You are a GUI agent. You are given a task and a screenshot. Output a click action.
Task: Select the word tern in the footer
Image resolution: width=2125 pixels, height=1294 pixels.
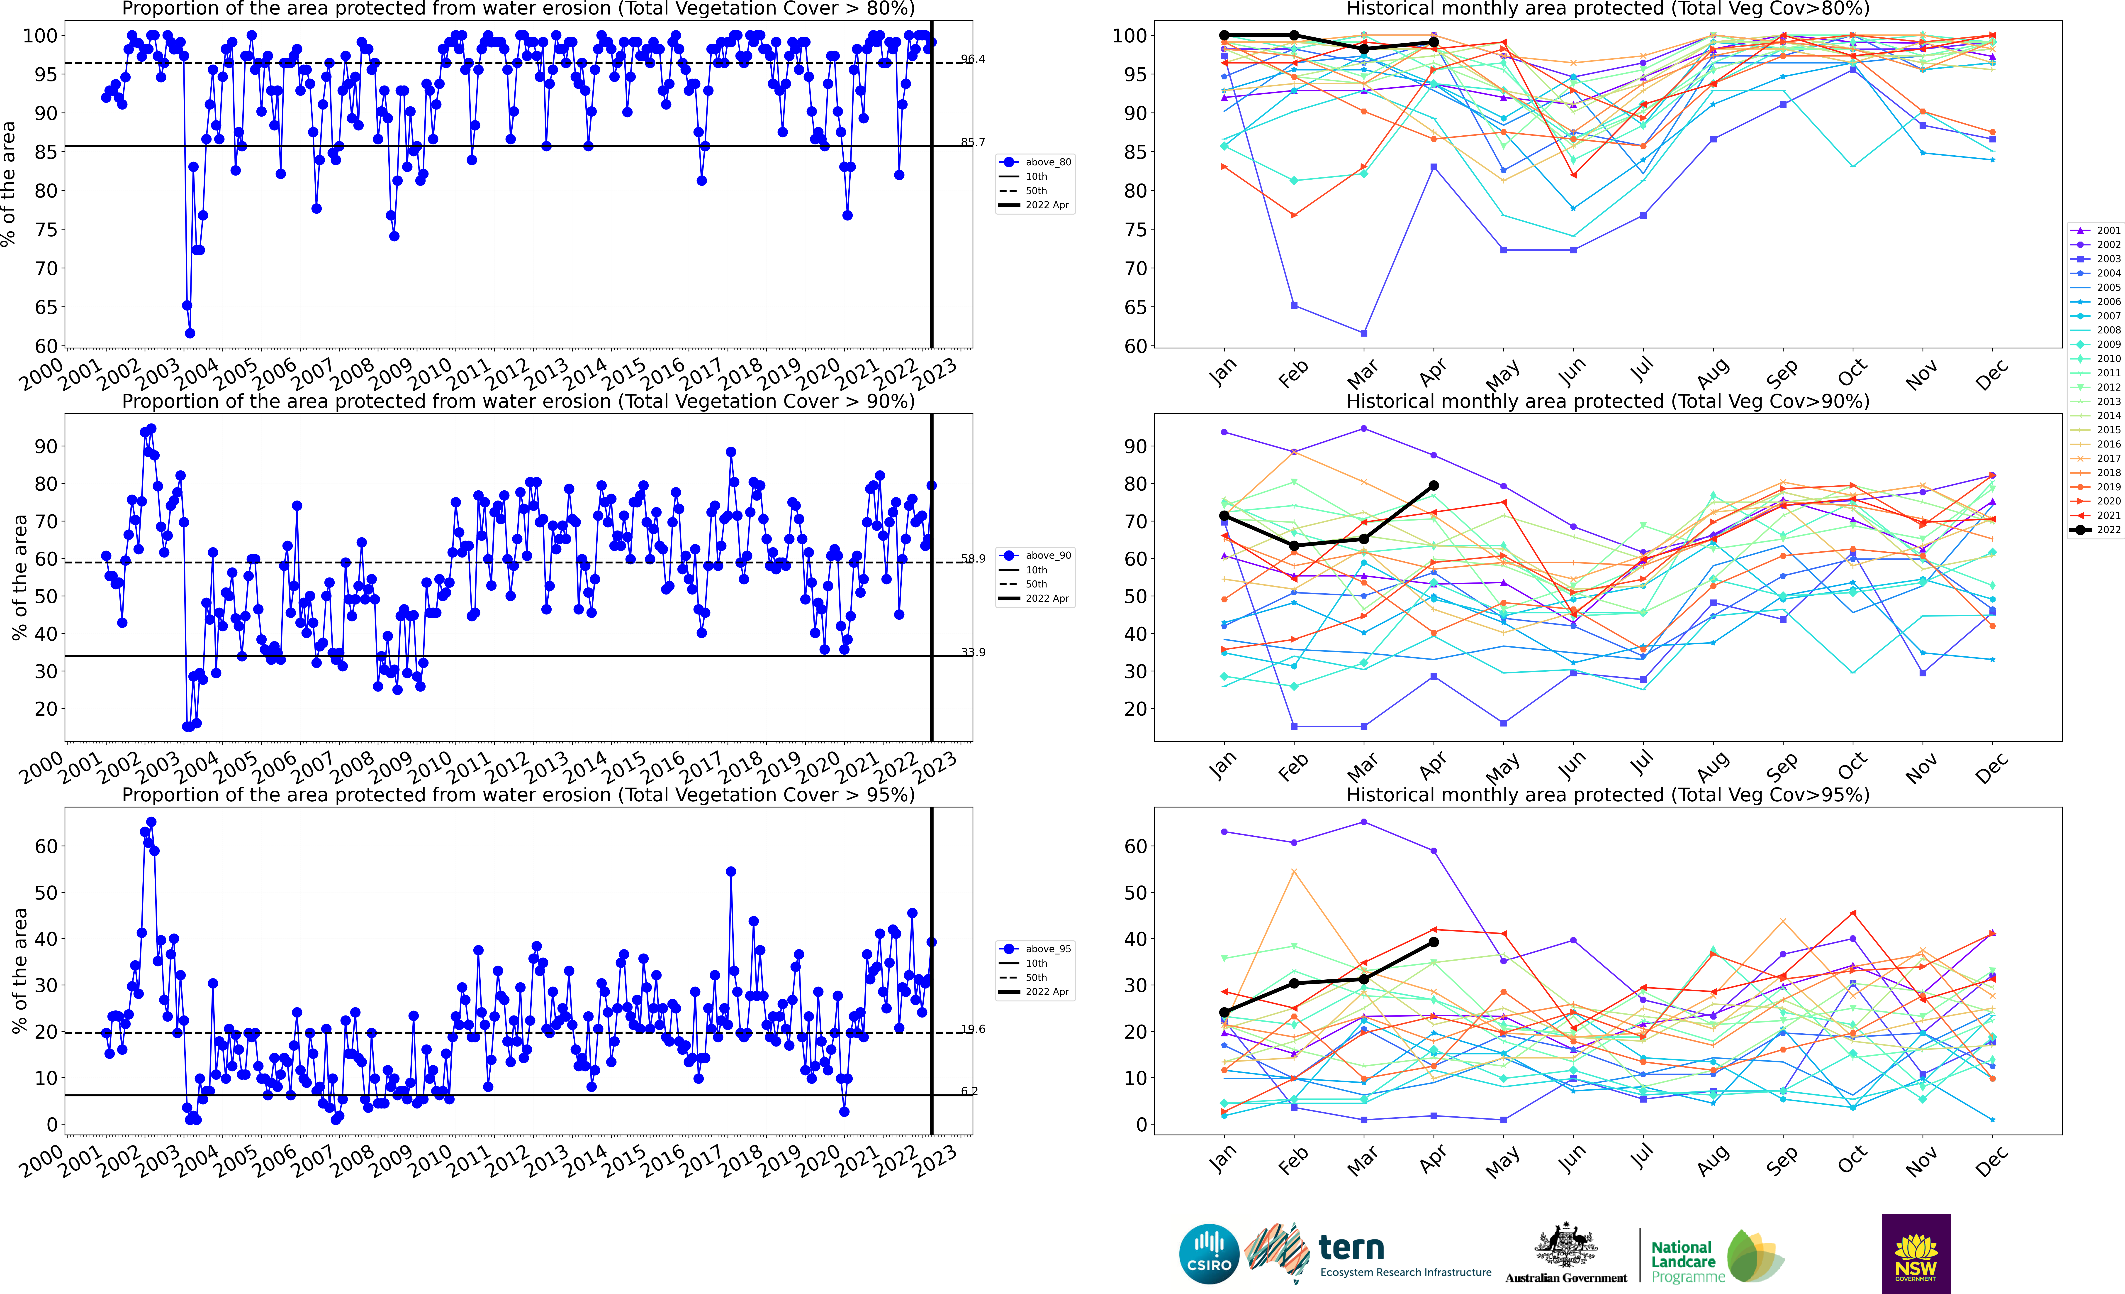(x=1351, y=1248)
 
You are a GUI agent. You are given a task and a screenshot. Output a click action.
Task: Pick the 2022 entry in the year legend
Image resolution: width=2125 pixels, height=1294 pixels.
(x=2097, y=530)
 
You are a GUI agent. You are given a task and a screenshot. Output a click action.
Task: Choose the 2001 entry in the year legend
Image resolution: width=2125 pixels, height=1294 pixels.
(x=2097, y=230)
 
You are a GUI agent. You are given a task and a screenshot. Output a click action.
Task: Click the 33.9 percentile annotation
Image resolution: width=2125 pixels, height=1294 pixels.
(x=973, y=652)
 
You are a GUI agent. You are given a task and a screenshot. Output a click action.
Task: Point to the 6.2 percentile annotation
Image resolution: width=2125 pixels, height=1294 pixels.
(x=969, y=1091)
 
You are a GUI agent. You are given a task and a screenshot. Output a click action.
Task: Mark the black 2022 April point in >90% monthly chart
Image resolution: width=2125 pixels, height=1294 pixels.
(x=1433, y=486)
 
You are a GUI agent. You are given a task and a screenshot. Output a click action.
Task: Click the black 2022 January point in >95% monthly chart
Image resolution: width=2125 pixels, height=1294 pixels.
(x=1224, y=1013)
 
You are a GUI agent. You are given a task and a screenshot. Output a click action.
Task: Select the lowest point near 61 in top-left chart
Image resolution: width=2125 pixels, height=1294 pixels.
(x=190, y=333)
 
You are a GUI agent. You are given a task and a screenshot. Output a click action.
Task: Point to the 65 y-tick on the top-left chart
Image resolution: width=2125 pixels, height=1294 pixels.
(x=46, y=307)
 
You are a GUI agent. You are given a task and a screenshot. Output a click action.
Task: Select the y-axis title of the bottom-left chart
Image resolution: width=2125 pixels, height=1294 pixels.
(x=19, y=971)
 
